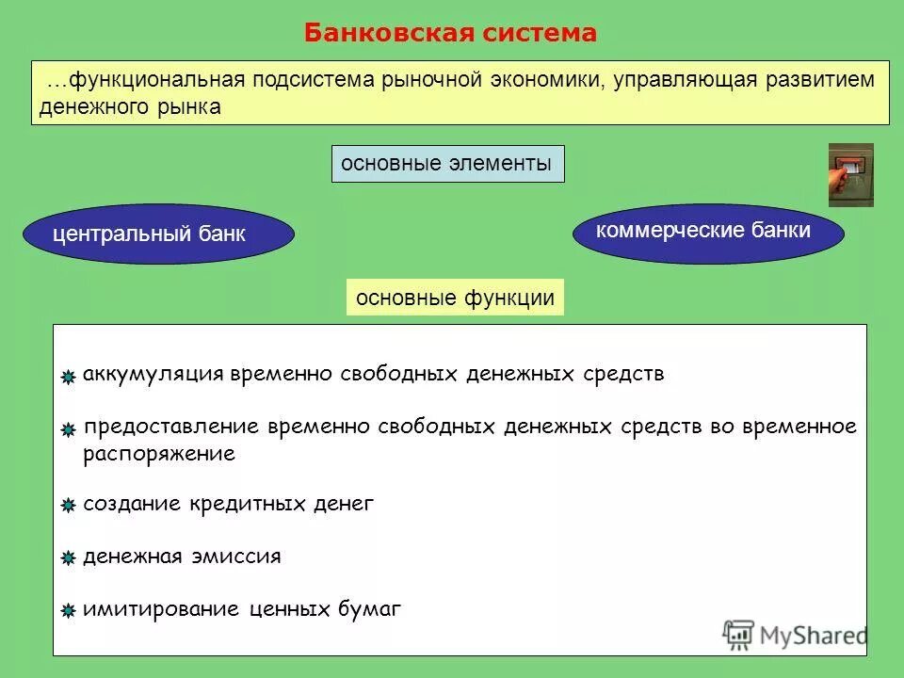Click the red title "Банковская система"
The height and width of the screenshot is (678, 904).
[450, 33]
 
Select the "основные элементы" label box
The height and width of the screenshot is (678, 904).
[447, 164]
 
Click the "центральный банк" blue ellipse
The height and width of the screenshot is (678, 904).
[158, 234]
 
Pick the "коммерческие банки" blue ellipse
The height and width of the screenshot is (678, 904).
[708, 230]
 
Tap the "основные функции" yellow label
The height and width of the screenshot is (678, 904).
[455, 299]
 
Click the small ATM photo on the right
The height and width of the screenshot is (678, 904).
[850, 175]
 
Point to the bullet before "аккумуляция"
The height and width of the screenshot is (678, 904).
[68, 378]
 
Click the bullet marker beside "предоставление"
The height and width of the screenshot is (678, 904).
[68, 430]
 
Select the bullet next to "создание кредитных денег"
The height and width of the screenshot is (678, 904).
[68, 507]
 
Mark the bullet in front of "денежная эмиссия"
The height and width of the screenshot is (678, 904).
[68, 559]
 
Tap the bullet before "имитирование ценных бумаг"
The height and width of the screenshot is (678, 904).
[68, 612]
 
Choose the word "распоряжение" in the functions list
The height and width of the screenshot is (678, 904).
[158, 454]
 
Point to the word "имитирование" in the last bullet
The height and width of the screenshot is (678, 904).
[161, 609]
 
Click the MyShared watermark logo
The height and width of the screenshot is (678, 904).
[795, 636]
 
